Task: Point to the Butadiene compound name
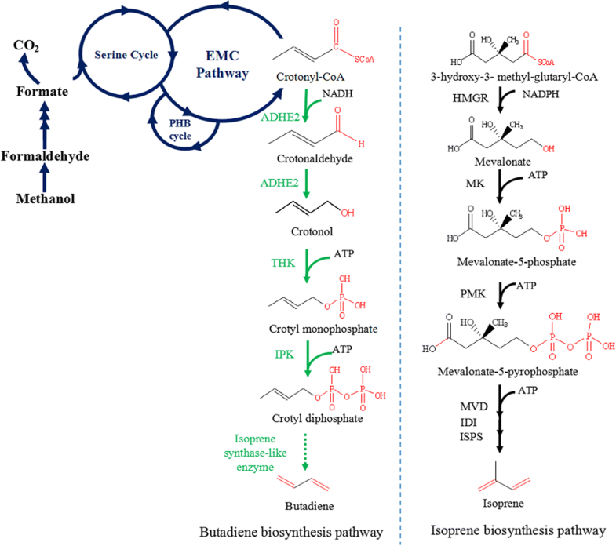[308, 496]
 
